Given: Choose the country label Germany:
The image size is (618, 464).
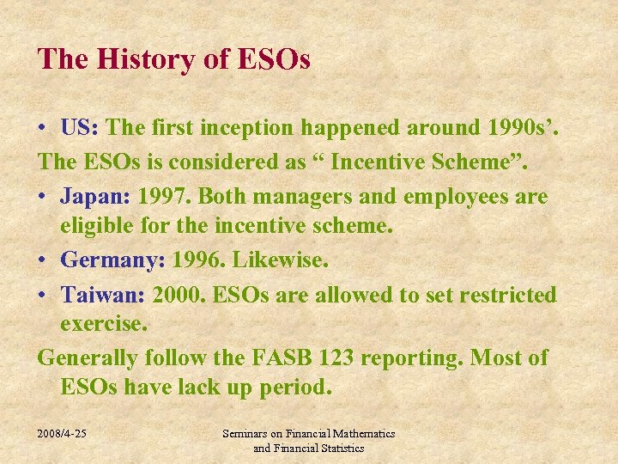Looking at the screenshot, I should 112,259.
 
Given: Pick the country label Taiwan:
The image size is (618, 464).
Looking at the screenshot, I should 103,295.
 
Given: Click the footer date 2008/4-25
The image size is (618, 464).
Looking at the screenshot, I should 62,434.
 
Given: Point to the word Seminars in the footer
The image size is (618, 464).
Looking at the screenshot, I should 247,434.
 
